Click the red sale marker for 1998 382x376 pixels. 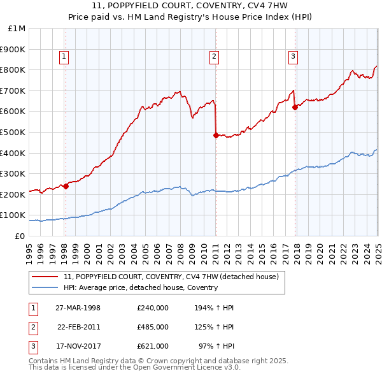[66, 186]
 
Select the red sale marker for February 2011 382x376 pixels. [216, 135]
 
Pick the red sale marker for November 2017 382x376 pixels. [295, 107]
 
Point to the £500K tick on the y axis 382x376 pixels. [13, 132]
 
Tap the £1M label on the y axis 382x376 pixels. [17, 29]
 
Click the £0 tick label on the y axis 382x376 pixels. [20, 236]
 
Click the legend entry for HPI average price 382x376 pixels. [141, 287]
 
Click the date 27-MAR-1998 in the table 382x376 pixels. [78, 307]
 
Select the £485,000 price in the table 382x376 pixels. [153, 327]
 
